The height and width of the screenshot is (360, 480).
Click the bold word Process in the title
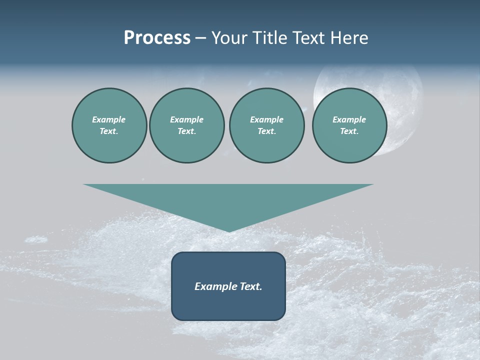[x=157, y=38]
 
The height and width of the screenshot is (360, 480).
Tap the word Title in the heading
[x=270, y=38]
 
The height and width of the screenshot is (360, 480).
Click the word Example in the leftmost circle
[x=109, y=119]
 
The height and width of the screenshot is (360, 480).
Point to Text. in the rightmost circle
[x=349, y=131]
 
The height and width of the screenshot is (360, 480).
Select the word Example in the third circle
[x=266, y=119]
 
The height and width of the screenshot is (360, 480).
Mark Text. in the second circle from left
[x=186, y=131]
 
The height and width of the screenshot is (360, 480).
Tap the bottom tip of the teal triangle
[x=228, y=230]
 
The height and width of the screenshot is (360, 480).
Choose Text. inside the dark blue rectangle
[x=250, y=286]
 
